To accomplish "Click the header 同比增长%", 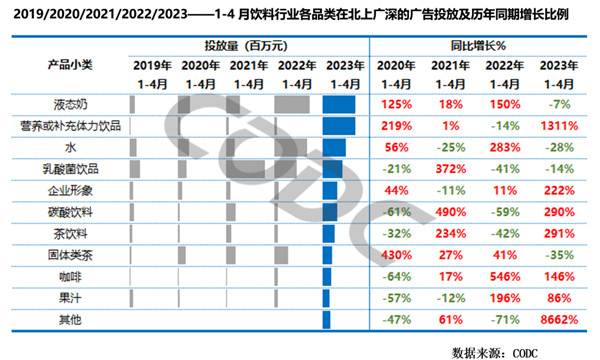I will tap(478, 45).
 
